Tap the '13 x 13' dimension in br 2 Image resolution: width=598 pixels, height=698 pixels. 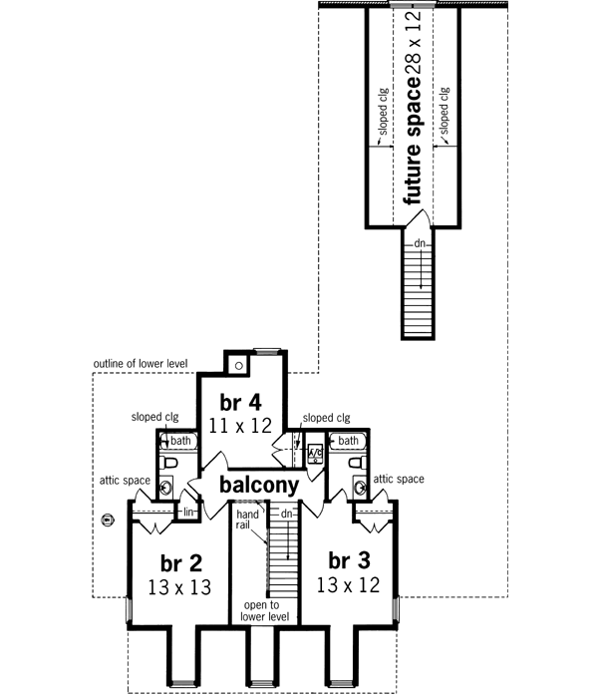click(180, 586)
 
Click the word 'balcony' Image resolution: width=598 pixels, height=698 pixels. click(260, 486)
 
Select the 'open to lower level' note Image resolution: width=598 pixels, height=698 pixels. click(264, 611)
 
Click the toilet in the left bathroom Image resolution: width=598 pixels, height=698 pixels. click(170, 464)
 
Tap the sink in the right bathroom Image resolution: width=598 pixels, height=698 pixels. click(357, 488)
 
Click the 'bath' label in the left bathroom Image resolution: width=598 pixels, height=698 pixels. click(179, 440)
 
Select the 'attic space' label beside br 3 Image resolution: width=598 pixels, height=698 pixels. click(399, 480)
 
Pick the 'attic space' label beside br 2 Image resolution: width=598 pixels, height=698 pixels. click(125, 480)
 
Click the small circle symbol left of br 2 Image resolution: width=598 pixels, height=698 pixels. click(108, 519)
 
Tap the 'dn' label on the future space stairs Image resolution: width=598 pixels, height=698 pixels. click(421, 241)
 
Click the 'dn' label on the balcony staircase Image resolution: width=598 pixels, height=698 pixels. click(285, 514)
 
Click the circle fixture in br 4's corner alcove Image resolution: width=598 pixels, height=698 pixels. click(240, 365)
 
